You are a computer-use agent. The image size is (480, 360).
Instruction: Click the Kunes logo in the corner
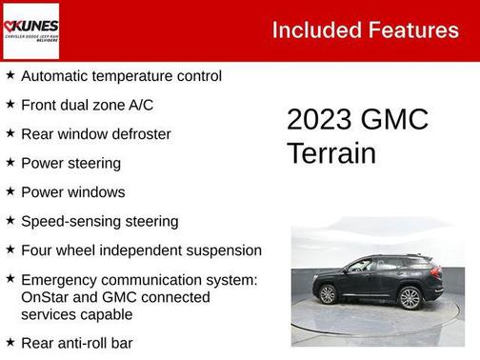(x=30, y=30)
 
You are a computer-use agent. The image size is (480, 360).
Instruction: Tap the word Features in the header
(x=415, y=30)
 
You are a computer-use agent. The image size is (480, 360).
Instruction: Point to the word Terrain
(x=331, y=153)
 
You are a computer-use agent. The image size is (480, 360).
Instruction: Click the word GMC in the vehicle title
(x=394, y=120)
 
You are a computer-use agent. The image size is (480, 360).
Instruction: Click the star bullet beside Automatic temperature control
(x=10, y=75)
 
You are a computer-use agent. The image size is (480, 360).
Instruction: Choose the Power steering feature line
(x=70, y=163)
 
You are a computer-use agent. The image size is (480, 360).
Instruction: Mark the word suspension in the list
(x=224, y=250)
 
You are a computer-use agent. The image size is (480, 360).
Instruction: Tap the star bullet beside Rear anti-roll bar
(x=10, y=342)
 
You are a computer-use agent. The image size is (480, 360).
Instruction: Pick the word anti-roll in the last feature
(x=81, y=343)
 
